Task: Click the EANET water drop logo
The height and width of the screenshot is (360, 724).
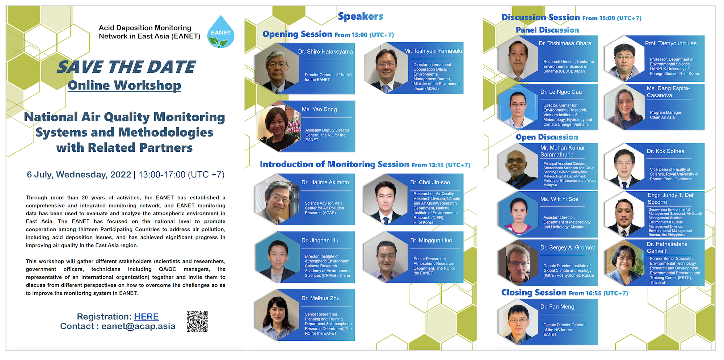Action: point(221,32)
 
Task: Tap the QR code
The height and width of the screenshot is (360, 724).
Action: point(197,321)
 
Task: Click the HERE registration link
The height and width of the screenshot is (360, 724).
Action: point(146,317)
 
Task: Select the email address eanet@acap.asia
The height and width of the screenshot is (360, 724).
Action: point(138,326)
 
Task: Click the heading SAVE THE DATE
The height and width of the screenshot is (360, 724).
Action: point(126,67)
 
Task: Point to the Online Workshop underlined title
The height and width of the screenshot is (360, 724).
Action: point(125,85)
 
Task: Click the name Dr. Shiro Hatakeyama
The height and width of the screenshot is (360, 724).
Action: point(325,52)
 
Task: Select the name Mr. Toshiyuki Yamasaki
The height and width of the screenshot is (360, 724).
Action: point(433,51)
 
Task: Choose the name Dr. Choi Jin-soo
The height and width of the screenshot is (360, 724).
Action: point(430,183)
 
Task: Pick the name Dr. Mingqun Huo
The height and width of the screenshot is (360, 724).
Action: point(431,240)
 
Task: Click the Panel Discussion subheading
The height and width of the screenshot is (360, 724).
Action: point(547,30)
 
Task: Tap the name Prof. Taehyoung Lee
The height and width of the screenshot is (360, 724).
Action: point(671,43)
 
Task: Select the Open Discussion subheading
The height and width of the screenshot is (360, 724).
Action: point(547,137)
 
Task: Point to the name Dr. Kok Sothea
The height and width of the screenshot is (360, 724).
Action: point(666,151)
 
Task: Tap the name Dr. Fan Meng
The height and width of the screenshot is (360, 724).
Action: point(557,307)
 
